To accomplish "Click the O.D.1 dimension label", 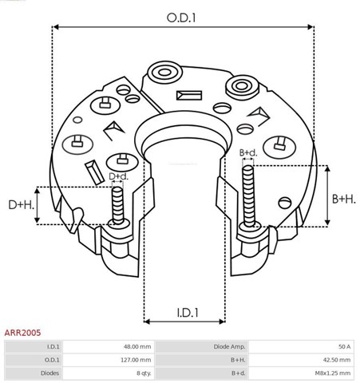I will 183,15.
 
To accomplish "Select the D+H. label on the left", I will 22,205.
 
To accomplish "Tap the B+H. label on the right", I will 342,198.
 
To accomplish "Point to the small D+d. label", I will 119,176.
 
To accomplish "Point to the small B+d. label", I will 248,152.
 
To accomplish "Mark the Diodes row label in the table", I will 50,371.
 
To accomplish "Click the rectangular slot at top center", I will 192,95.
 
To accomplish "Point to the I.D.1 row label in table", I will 53,346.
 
